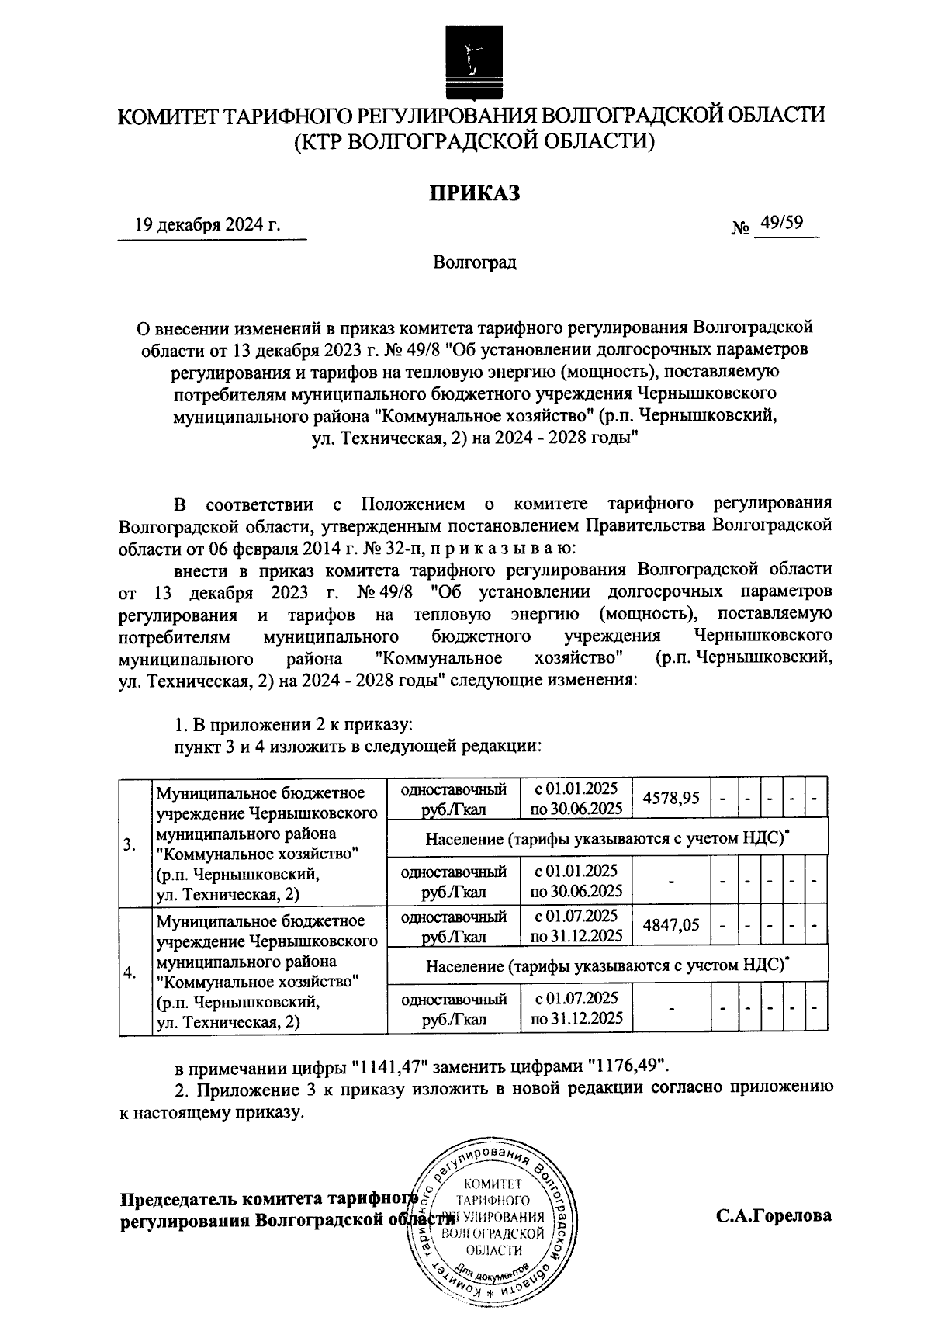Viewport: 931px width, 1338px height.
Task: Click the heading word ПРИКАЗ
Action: click(x=475, y=192)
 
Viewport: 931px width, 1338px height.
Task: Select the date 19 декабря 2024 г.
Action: click(x=207, y=225)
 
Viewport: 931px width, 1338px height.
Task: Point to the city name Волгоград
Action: click(x=475, y=263)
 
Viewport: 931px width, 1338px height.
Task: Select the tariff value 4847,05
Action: click(x=671, y=925)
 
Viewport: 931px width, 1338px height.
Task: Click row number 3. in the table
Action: click(x=130, y=845)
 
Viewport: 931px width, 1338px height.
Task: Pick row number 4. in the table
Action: click(x=130, y=973)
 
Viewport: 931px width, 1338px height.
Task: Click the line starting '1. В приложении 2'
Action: click(x=292, y=726)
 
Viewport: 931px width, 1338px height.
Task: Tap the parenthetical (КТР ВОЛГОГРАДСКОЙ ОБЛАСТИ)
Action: click(x=475, y=142)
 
